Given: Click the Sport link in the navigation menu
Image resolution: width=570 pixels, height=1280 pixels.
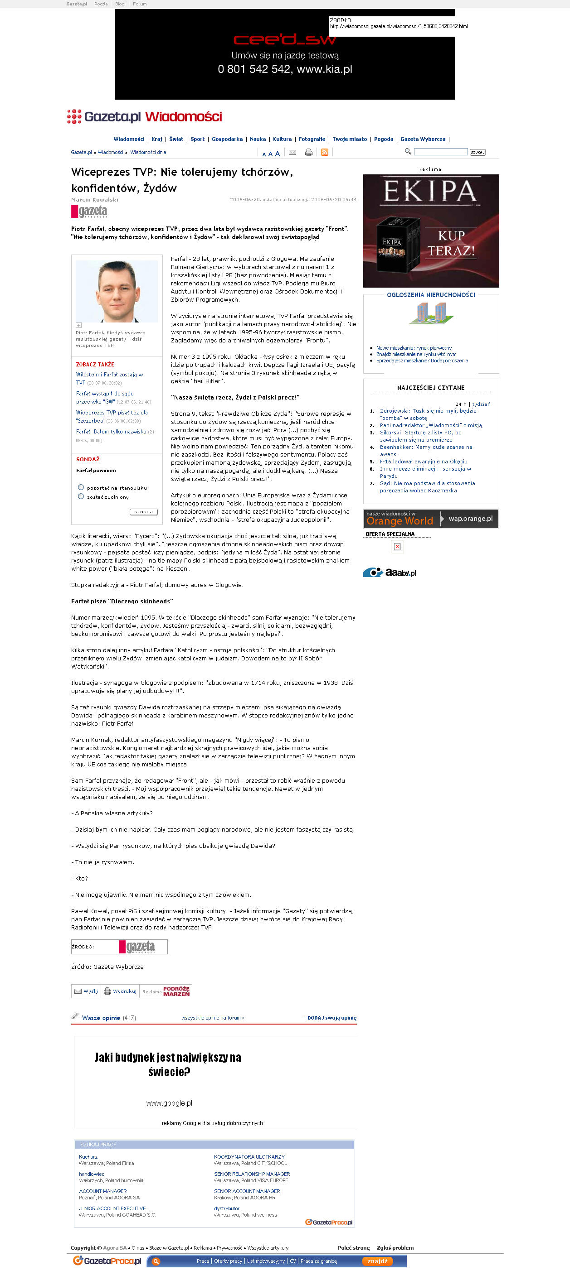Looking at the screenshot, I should pyautogui.click(x=197, y=139).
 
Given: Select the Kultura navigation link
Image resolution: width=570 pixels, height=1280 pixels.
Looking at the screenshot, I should pyautogui.click(x=282, y=139).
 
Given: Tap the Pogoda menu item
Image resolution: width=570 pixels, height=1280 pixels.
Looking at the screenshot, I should pyautogui.click(x=384, y=139).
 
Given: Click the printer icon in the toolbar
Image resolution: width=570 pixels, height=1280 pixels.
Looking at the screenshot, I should pyautogui.click(x=308, y=153).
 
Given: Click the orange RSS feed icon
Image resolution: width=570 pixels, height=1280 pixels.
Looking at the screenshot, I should pyautogui.click(x=324, y=153).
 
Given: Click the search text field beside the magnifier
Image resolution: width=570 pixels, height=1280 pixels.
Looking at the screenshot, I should pyautogui.click(x=440, y=152).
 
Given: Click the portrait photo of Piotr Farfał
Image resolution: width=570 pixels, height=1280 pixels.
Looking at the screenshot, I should pyautogui.click(x=117, y=291).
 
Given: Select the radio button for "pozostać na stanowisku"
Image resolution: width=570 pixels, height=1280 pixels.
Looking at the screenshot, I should pyautogui.click(x=81, y=487).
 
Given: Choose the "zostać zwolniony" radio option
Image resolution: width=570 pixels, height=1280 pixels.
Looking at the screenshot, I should pyautogui.click(x=81, y=496).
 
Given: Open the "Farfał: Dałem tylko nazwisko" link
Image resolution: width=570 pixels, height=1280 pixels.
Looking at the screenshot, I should pyautogui.click(x=111, y=432).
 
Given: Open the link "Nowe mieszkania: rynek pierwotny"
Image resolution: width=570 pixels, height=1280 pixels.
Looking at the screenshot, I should pyautogui.click(x=414, y=348).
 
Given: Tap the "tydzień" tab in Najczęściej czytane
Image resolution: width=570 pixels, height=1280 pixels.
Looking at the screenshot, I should pyautogui.click(x=481, y=404).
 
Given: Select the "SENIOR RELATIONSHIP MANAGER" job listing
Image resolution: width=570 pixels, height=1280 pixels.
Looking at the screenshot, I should pyautogui.click(x=252, y=1174).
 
